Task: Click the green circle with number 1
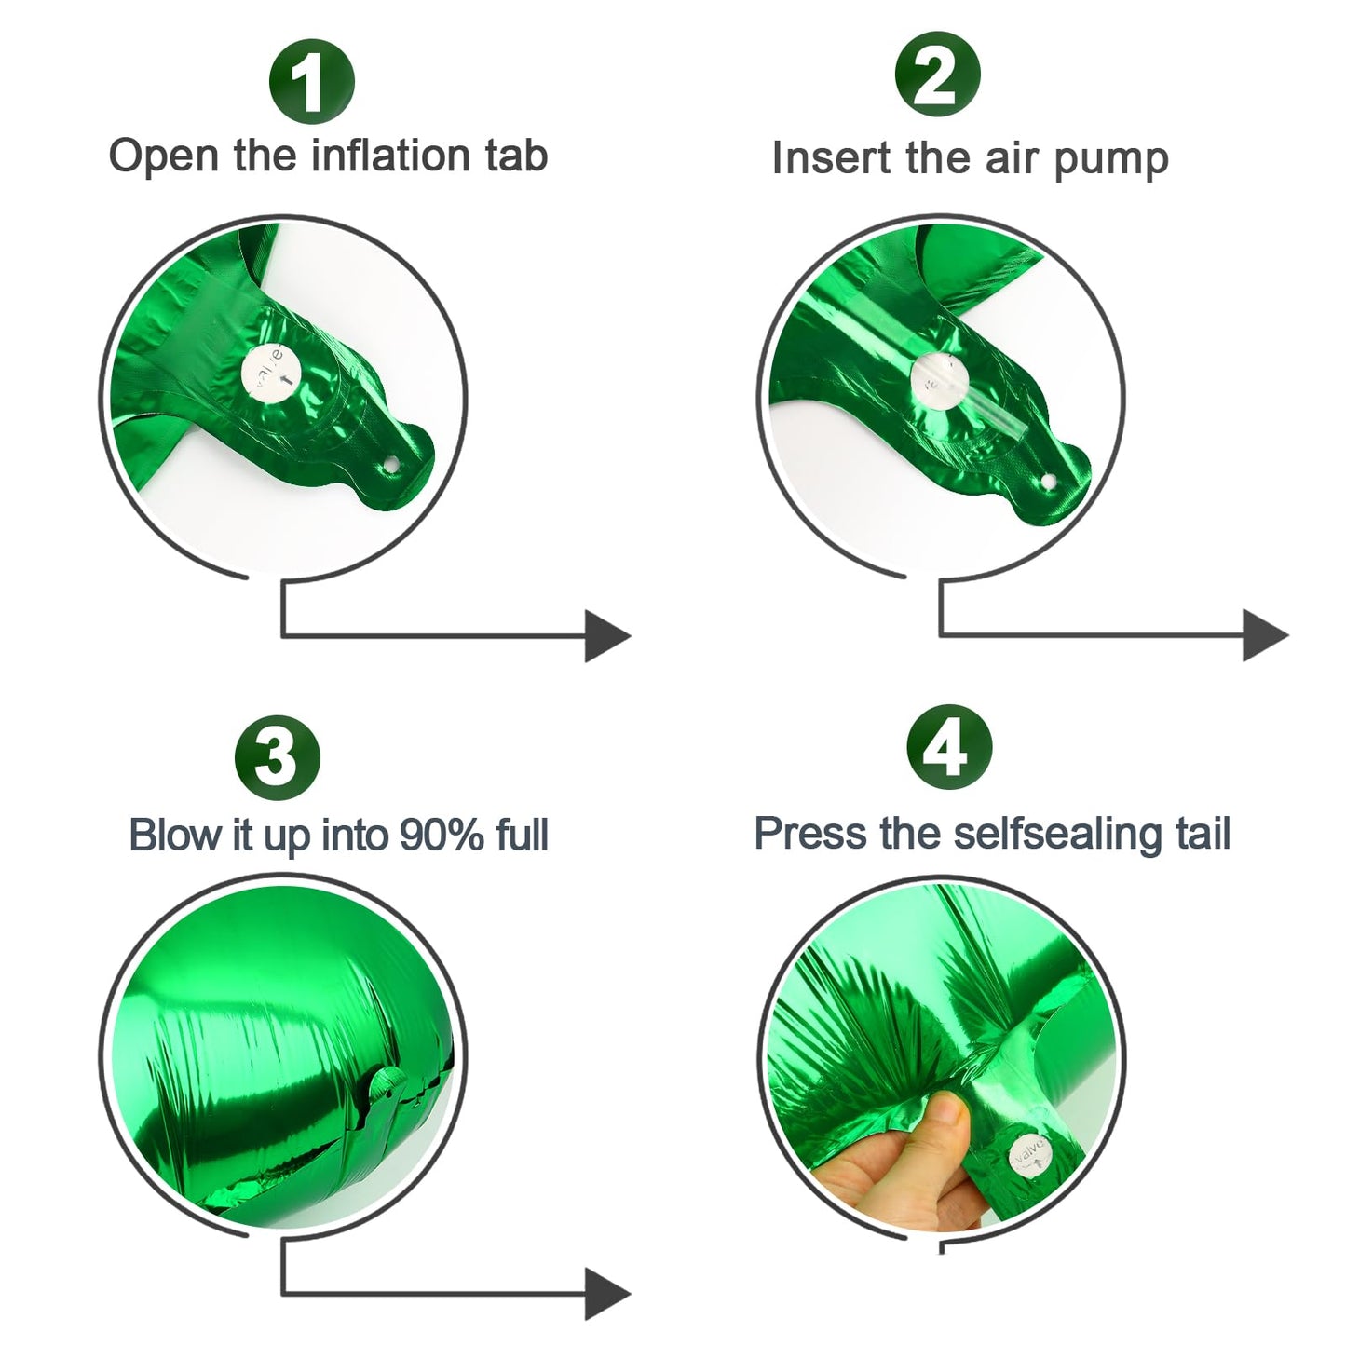click(311, 82)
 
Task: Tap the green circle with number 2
click(937, 75)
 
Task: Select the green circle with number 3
click(277, 756)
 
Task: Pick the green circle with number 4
click(949, 746)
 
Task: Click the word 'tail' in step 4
click(1203, 833)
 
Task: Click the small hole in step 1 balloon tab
click(392, 464)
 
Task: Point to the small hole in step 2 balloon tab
click(1049, 482)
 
